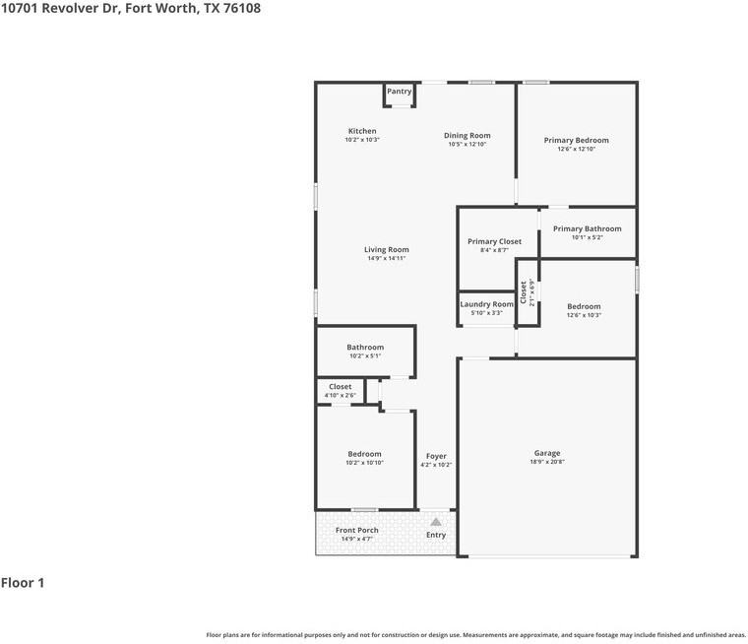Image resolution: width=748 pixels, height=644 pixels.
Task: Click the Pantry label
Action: (399, 92)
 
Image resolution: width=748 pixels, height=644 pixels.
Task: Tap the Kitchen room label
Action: (362, 131)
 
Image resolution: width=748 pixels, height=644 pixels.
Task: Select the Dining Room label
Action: (467, 136)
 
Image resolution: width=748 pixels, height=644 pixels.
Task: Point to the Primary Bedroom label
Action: (576, 141)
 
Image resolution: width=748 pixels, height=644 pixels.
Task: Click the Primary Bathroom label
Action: (587, 228)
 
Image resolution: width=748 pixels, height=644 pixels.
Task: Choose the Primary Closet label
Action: (494, 241)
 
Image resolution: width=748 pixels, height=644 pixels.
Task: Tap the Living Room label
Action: (386, 250)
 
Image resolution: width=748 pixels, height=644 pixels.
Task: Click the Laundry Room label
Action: (486, 304)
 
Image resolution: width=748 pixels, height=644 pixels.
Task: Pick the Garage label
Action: (547, 453)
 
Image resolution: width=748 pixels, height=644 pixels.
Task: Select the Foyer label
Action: (436, 456)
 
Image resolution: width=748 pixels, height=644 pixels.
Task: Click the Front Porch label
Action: (356, 530)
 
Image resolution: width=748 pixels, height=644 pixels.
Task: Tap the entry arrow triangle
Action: (436, 521)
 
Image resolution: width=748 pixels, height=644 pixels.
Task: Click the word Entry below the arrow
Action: (436, 535)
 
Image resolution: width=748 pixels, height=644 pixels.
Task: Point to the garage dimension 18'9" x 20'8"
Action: (547, 462)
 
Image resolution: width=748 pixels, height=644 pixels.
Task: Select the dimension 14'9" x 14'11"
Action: (386, 259)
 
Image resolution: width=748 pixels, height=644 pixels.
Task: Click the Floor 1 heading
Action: (23, 583)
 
